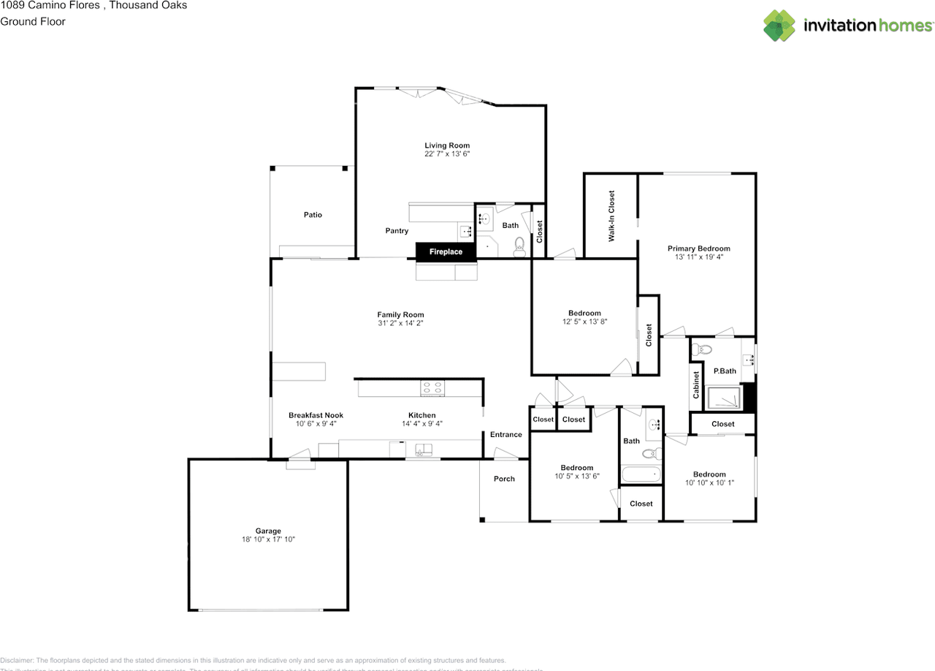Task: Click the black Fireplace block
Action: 446,251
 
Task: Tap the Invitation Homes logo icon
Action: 780,26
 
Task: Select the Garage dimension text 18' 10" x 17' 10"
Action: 268,539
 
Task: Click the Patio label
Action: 313,215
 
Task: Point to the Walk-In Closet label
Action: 611,216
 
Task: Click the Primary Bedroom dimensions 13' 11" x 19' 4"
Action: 698,257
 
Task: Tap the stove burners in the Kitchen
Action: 432,388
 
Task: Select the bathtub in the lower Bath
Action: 641,474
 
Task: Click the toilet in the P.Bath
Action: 700,349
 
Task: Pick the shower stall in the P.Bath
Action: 724,398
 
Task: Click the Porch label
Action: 504,479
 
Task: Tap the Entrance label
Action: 505,435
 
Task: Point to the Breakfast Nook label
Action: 316,415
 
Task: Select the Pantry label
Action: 397,231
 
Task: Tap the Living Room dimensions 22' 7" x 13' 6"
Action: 447,154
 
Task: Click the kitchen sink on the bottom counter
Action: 424,450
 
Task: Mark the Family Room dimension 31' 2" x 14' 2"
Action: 400,323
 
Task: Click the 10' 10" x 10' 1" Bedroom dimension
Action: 709,482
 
